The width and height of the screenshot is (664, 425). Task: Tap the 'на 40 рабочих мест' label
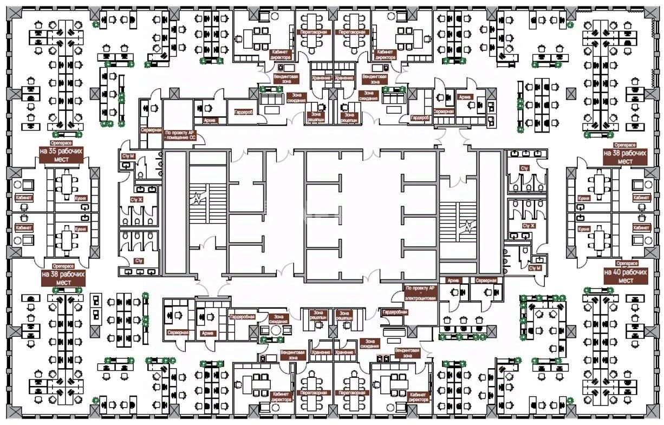coord(626,276)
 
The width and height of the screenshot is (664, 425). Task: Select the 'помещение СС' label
coord(180,134)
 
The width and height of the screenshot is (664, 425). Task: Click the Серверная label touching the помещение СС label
coord(152,130)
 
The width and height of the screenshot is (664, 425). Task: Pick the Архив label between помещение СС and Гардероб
coord(211,120)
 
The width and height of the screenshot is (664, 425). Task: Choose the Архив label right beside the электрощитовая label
coord(453,280)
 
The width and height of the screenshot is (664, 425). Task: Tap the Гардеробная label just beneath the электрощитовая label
coord(394,312)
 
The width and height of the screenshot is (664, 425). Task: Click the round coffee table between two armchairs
coord(276,330)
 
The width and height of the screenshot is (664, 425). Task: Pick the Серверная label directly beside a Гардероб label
coord(443,111)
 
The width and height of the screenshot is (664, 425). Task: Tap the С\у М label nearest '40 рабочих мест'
coord(535,268)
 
